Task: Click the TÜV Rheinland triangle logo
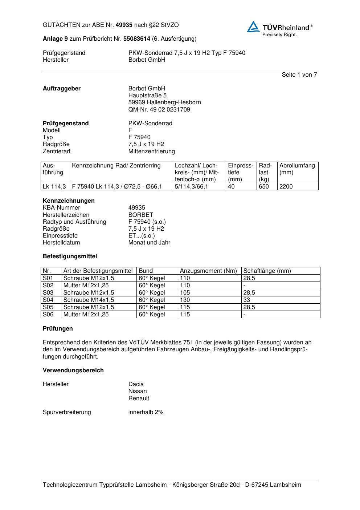click(x=253, y=27)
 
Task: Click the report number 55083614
click(x=137, y=39)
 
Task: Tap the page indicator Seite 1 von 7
click(x=299, y=75)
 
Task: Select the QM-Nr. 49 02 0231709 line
click(x=159, y=109)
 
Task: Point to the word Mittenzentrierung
click(x=151, y=151)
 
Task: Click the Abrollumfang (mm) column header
click(x=297, y=169)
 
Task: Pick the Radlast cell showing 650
click(x=264, y=187)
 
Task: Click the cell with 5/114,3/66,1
click(x=192, y=187)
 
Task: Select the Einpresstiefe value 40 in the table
click(x=231, y=187)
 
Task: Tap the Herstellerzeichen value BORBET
click(x=140, y=215)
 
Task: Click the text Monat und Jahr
click(x=149, y=242)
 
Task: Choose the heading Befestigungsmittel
click(x=70, y=256)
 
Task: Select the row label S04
click(x=48, y=300)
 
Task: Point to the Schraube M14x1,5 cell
click(x=89, y=300)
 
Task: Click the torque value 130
click(x=185, y=300)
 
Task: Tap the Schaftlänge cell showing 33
click(x=247, y=300)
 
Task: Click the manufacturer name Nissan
click(x=138, y=391)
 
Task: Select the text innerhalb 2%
click(x=146, y=412)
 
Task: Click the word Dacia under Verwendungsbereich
click(x=136, y=384)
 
